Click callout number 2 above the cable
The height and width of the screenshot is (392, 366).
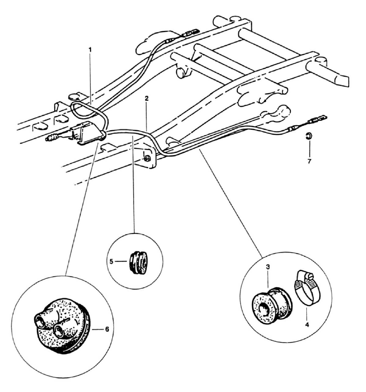pos(147,99)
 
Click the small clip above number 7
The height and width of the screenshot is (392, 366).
pos(308,135)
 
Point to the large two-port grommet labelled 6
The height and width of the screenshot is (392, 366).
pos(63,327)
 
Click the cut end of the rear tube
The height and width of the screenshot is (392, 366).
pos(342,79)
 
